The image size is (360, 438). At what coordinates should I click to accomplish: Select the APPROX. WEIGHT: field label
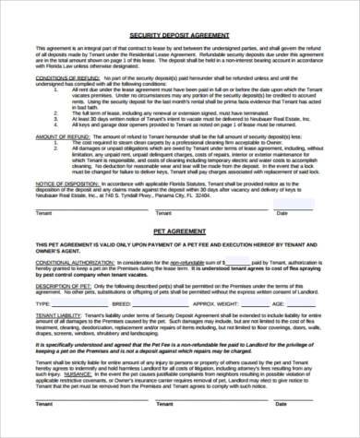[219, 302]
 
